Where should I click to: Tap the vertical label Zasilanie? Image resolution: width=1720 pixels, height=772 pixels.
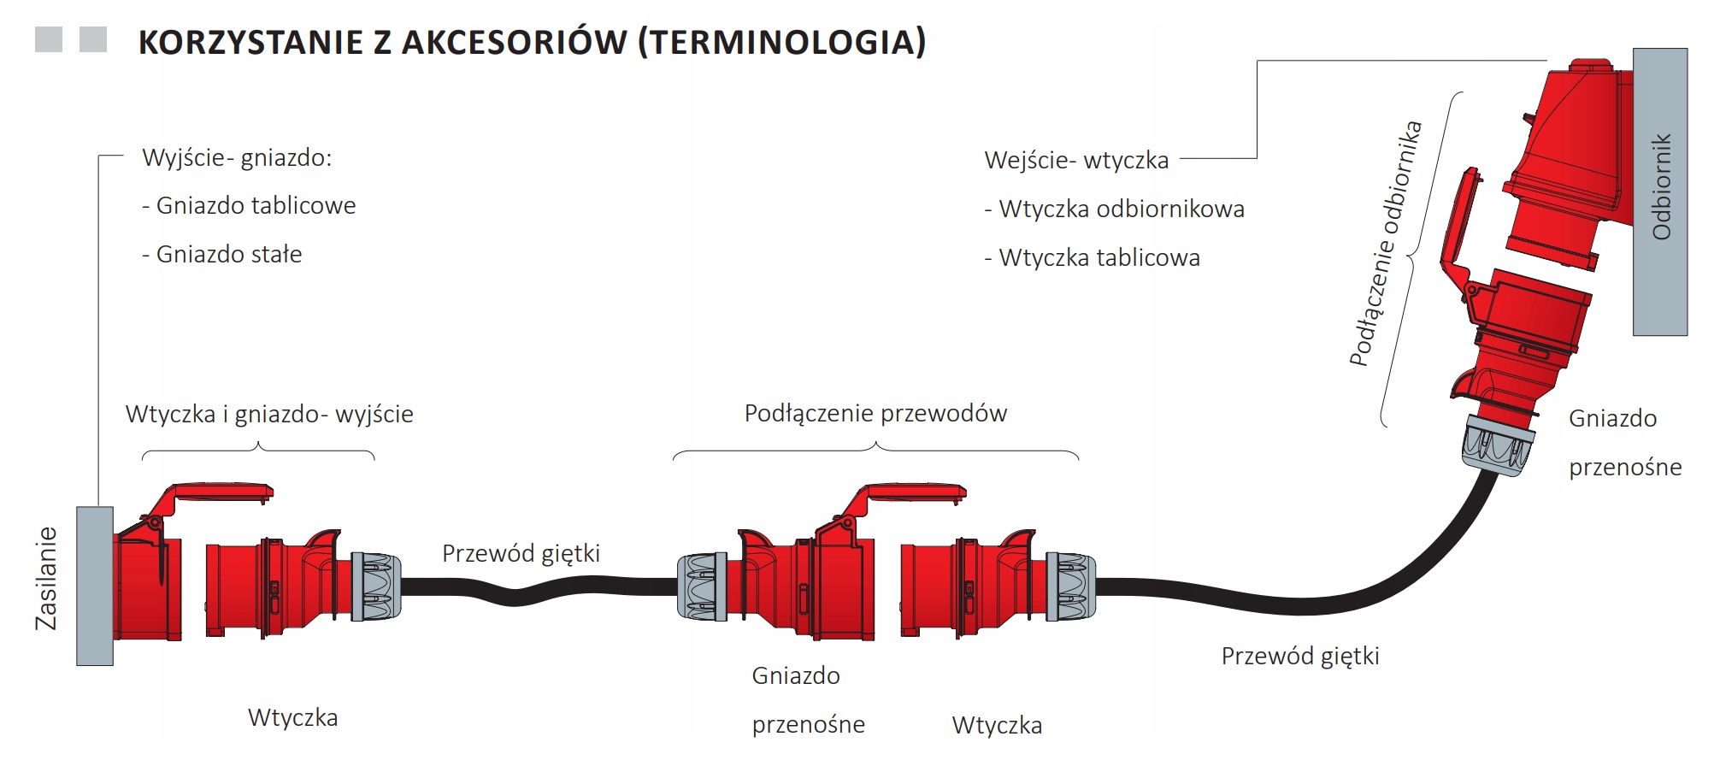click(x=46, y=579)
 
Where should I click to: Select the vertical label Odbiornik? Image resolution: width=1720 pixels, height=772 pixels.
click(x=1661, y=186)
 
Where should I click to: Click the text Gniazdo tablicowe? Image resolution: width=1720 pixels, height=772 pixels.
click(x=249, y=206)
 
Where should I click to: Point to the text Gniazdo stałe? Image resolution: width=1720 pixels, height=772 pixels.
click(x=221, y=255)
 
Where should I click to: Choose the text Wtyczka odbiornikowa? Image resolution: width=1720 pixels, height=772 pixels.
click(x=1115, y=209)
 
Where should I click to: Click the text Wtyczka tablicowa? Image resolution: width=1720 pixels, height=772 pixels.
click(x=1093, y=258)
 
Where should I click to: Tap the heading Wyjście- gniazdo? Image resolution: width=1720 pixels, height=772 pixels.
click(x=237, y=158)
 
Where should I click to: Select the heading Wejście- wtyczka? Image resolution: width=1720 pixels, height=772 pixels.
click(x=1076, y=161)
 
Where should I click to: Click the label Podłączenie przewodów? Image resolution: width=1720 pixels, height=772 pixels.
click(x=875, y=414)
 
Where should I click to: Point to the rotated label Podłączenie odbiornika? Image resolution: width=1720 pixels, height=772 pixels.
click(x=1385, y=245)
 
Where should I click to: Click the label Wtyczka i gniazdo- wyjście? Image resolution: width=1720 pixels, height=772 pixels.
click(x=269, y=415)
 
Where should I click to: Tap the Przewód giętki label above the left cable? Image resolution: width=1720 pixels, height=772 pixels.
click(x=521, y=554)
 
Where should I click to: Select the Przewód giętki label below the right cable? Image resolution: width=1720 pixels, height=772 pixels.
click(x=1300, y=657)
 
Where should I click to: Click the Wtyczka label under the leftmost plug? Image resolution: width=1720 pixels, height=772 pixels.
click(x=292, y=718)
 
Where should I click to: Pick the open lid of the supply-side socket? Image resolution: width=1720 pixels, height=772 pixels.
click(x=214, y=495)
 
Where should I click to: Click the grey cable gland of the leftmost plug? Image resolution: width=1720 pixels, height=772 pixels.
click(x=375, y=586)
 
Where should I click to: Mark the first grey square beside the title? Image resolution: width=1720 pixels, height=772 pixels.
click(x=49, y=39)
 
